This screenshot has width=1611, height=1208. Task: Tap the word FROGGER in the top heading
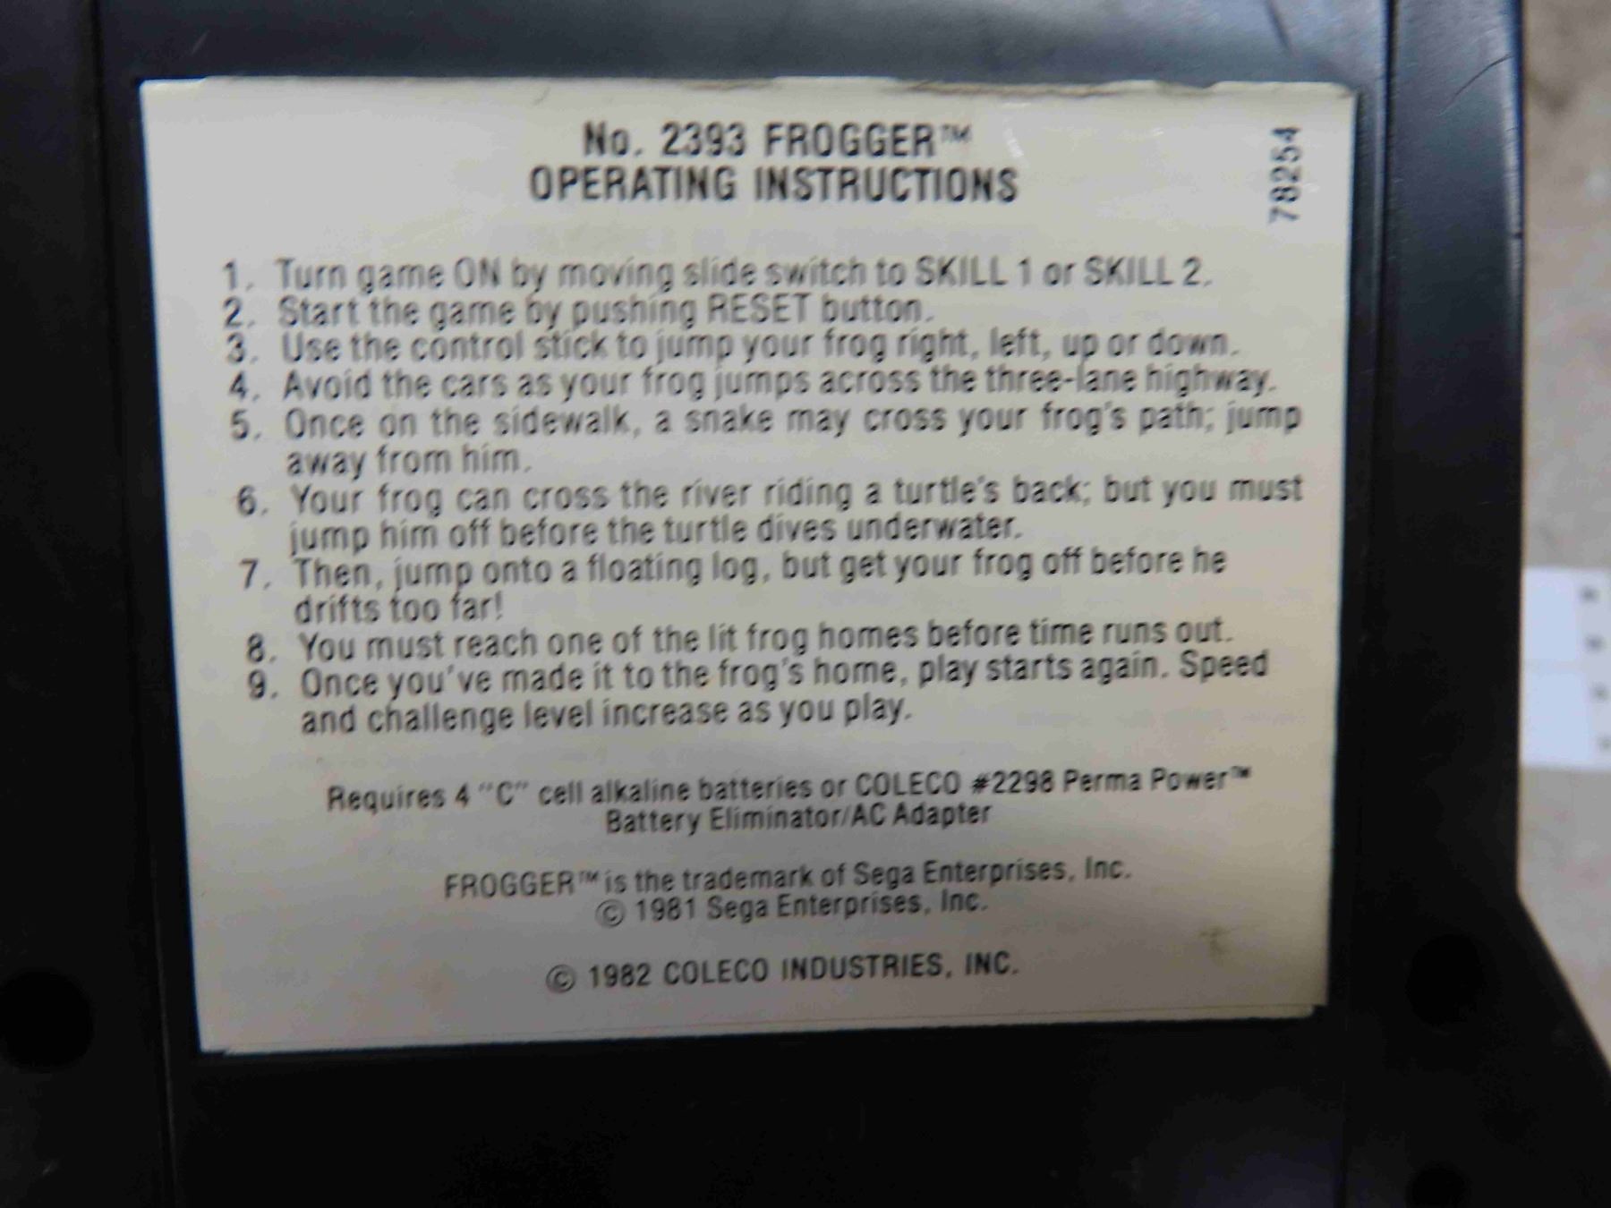click(x=845, y=140)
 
